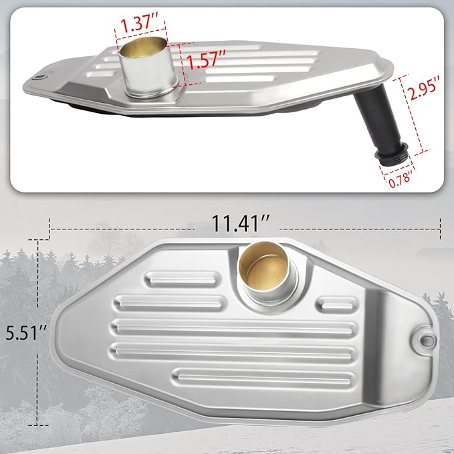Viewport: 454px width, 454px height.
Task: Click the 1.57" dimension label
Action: click(x=206, y=60)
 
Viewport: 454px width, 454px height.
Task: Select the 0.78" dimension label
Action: click(x=400, y=179)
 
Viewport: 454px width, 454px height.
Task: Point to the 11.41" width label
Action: click(x=241, y=223)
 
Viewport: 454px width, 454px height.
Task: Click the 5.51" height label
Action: click(x=26, y=333)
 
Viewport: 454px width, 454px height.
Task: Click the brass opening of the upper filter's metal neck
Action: click(x=144, y=47)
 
